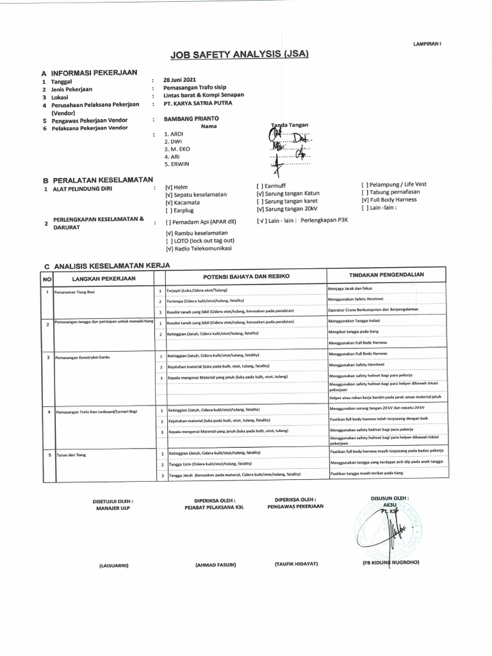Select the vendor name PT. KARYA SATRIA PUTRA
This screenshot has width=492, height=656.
pos(198,103)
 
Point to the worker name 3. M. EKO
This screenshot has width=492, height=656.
pos(177,149)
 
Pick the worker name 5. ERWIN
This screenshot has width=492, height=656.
pos(177,164)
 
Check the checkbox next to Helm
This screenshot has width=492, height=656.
pos(168,186)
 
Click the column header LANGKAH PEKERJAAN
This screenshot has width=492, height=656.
pos(104,279)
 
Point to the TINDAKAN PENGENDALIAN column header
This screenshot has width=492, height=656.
pos(386,275)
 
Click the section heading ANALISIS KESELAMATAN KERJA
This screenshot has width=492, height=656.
pos(112,265)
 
